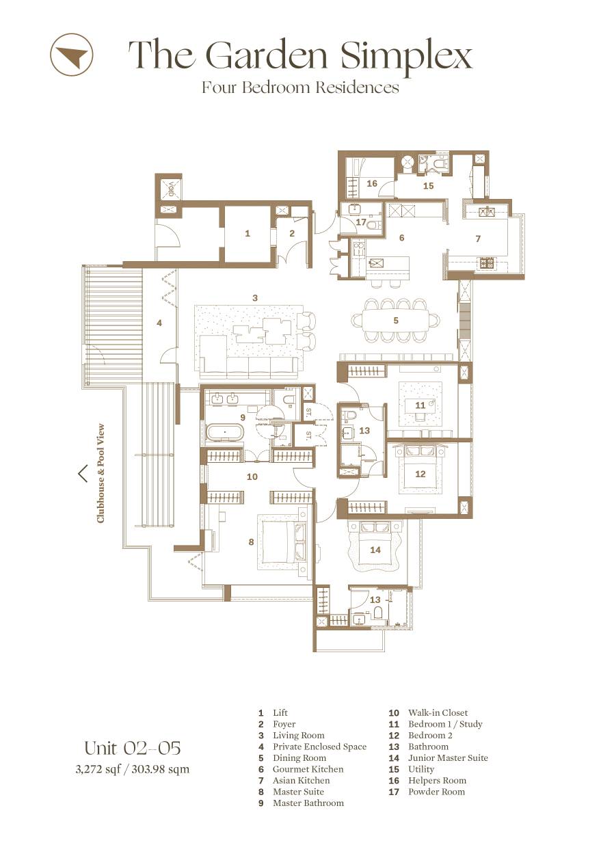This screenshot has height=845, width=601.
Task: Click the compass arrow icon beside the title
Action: pos(71,53)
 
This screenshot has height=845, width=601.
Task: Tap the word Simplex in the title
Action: pos(407,57)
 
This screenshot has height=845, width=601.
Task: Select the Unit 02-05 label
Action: pos(133,748)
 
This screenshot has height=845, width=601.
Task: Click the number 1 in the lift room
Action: pos(247,234)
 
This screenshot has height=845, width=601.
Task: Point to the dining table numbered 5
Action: pos(395,320)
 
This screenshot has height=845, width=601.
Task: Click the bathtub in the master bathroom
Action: pos(225,432)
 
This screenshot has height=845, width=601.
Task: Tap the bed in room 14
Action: pos(375,549)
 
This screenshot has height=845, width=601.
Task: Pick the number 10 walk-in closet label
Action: pos(252,477)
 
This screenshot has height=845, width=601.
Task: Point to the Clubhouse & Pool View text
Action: pos(101,473)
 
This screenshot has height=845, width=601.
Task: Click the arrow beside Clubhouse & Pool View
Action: pos(83,473)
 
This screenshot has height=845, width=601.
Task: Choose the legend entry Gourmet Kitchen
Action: pos(308,769)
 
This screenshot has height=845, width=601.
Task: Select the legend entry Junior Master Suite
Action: pos(448,758)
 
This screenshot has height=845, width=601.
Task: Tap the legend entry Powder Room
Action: pos(436,792)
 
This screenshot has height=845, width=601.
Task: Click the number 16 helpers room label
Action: pos(372,183)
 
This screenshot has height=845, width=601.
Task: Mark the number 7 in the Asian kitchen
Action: pos(478,239)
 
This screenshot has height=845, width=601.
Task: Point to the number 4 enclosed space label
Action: pos(159,323)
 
